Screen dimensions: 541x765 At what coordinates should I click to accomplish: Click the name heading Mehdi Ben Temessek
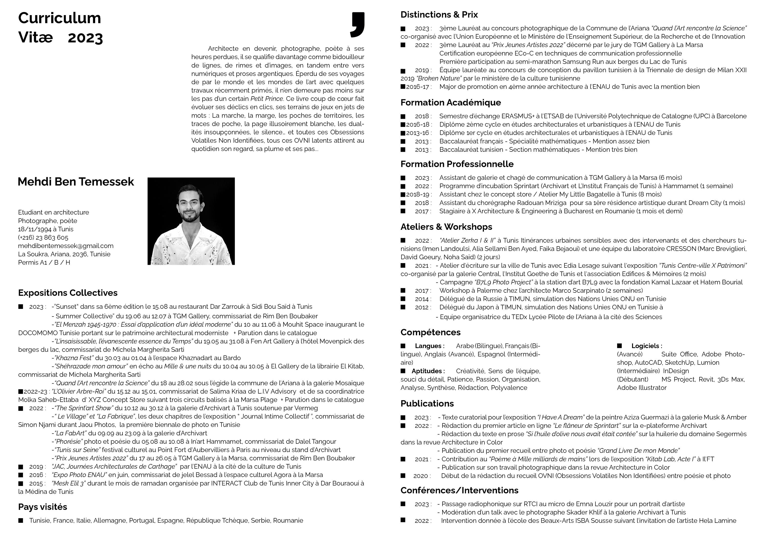(76, 182)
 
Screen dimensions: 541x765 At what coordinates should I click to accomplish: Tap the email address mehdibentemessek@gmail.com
(66, 246)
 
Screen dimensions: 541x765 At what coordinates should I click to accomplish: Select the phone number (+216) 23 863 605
(43, 237)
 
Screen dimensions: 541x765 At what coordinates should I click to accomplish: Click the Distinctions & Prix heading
(439, 15)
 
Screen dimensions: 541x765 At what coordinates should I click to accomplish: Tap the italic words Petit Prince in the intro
(267, 99)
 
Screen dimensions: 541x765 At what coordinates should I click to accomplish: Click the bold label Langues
(429, 346)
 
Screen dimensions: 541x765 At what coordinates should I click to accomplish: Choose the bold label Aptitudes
(428, 371)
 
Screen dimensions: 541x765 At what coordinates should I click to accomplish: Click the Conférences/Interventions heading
(459, 490)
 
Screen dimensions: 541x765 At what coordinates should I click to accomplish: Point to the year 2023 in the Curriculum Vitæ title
(85, 38)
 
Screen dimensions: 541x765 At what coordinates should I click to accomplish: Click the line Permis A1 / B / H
(44, 262)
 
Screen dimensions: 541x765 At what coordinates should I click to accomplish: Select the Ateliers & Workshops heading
(446, 227)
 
